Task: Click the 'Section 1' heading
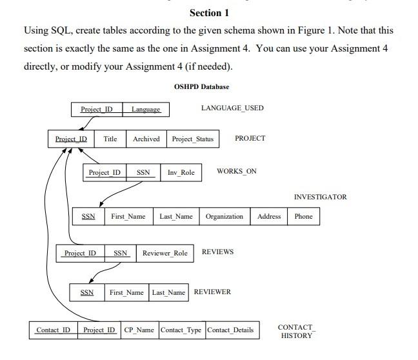209,13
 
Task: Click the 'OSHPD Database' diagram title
201,86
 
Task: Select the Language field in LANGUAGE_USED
146,110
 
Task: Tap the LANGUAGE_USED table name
232,108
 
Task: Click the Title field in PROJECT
110,139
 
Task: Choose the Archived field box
146,139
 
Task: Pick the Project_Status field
192,139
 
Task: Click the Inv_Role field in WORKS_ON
181,172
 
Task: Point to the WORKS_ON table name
237,171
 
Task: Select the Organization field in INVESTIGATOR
224,217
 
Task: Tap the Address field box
269,217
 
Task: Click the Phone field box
303,217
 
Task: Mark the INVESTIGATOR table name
320,197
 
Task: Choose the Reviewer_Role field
165,254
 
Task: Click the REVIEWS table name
217,252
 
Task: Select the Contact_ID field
53,330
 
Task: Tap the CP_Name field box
139,330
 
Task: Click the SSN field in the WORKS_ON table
143,172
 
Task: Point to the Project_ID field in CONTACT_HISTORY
99,330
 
